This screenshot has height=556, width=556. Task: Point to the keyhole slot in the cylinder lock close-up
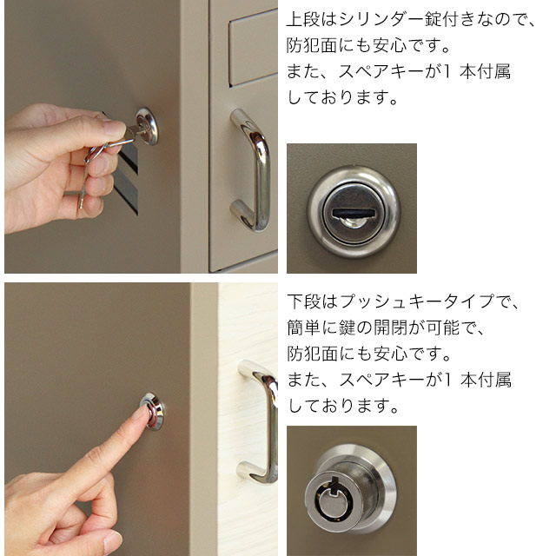coord(354,213)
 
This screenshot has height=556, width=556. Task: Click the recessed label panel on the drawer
coord(253,48)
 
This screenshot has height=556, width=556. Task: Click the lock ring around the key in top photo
coord(147,126)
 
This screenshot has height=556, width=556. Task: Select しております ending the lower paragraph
coord(343,406)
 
